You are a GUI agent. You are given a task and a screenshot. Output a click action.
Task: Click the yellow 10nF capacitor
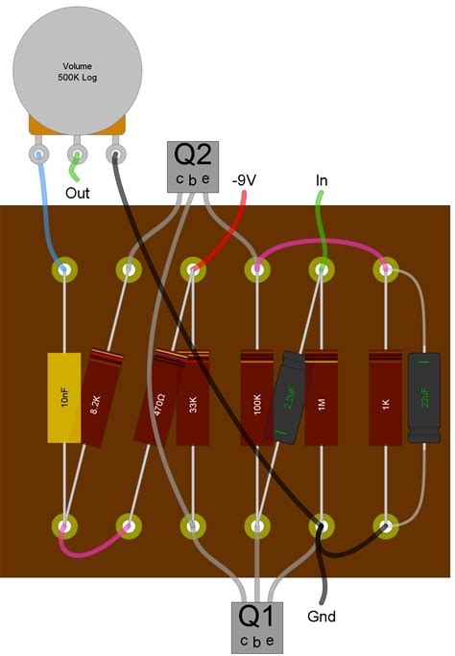click(x=64, y=398)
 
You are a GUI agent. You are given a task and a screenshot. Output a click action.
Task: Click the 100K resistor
click(x=256, y=398)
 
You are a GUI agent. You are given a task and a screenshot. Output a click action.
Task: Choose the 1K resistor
click(x=385, y=398)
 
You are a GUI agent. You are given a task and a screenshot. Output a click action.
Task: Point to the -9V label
click(x=246, y=179)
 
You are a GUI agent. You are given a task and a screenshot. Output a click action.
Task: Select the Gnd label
click(x=321, y=616)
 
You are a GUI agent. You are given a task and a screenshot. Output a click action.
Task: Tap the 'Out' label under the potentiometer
click(x=79, y=193)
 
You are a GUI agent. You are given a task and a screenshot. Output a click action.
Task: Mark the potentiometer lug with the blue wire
click(x=38, y=152)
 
